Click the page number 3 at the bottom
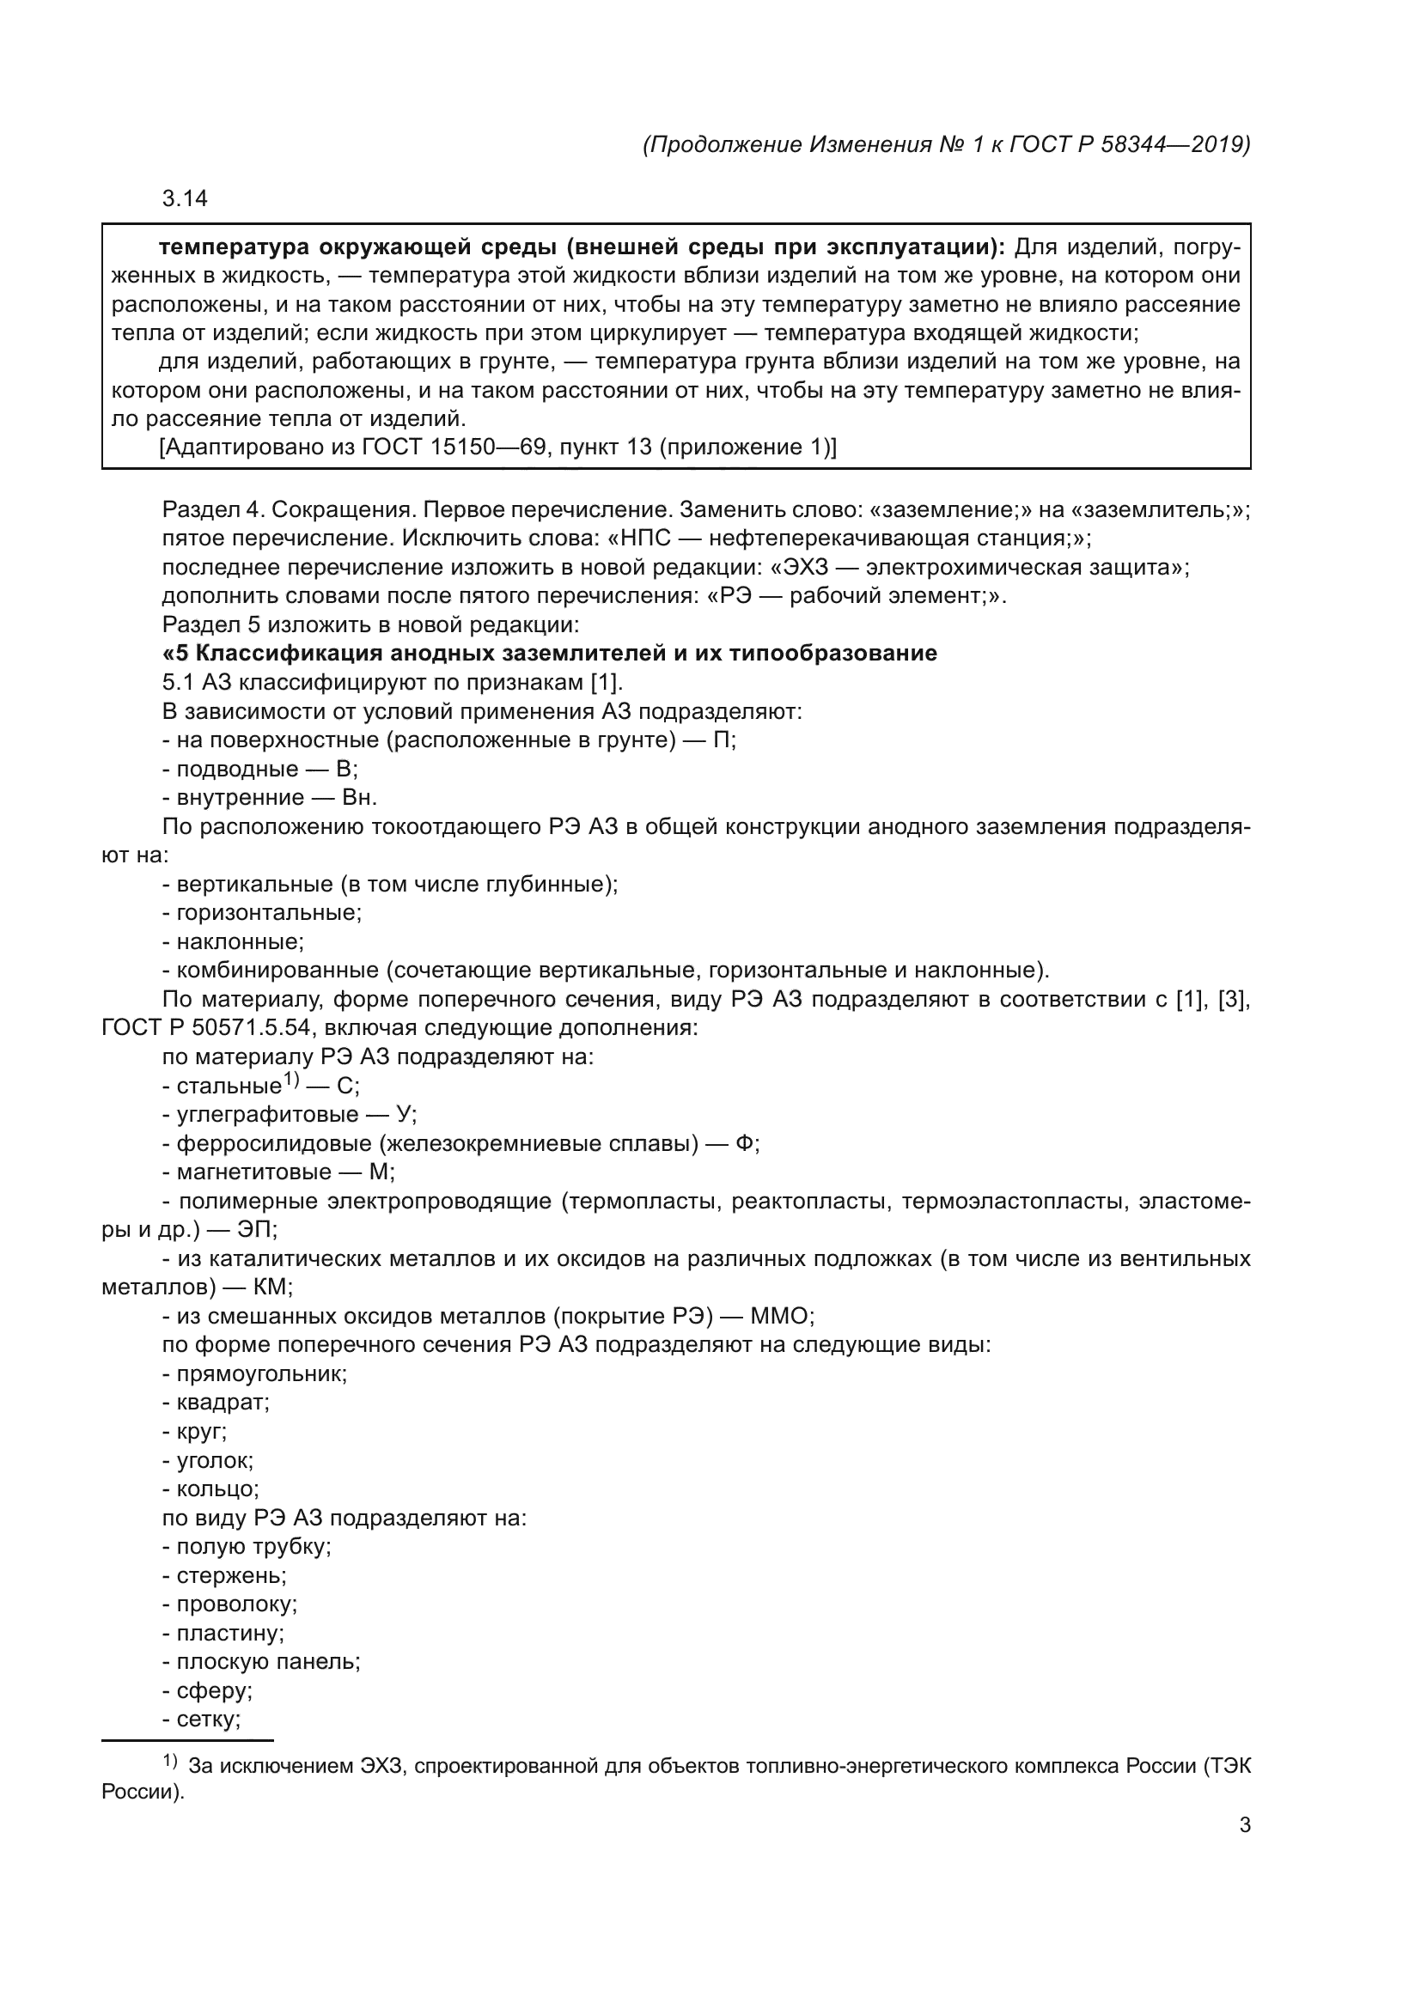click(1244, 1825)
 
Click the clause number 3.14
click(185, 198)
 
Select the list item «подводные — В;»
click(259, 769)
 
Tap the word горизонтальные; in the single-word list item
click(269, 913)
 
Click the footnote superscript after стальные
click(291, 1081)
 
